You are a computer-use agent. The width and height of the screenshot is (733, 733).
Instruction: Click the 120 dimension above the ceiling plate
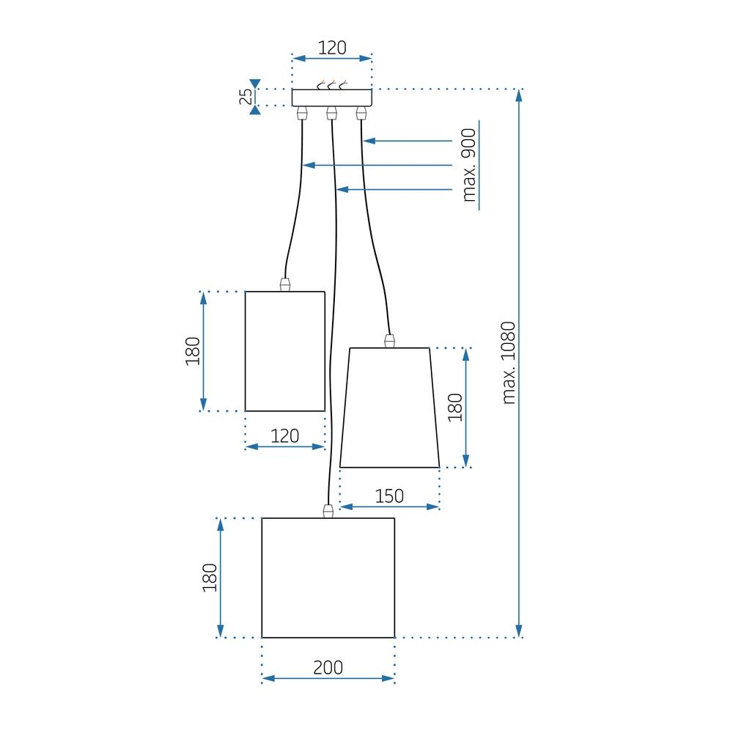(332, 48)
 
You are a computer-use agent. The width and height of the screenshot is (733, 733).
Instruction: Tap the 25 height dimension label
(247, 97)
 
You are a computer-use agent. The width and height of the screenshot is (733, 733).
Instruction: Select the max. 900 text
(469, 165)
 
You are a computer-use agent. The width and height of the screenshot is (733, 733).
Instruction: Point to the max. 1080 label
(509, 363)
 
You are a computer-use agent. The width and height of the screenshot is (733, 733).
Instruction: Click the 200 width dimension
(328, 667)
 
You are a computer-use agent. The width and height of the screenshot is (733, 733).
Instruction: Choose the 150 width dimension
(389, 496)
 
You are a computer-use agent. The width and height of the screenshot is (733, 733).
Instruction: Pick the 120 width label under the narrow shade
(284, 436)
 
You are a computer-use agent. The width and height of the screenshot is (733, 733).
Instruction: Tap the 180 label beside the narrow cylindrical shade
(193, 351)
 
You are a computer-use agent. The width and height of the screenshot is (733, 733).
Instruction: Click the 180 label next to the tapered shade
(455, 407)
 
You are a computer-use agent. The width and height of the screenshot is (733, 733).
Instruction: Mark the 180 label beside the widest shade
(210, 578)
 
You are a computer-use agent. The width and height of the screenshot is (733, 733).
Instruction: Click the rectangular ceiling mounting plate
(332, 97)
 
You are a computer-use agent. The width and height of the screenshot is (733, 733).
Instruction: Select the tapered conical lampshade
(390, 407)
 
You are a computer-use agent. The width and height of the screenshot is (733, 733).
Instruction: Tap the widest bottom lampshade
(328, 578)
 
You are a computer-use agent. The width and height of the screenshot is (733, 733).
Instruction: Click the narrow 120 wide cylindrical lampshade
(284, 351)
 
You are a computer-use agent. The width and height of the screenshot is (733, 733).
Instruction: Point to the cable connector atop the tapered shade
(390, 340)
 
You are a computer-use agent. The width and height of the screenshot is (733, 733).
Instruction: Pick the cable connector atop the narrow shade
(284, 284)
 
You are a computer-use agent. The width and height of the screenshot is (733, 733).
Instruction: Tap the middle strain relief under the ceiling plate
(331, 113)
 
